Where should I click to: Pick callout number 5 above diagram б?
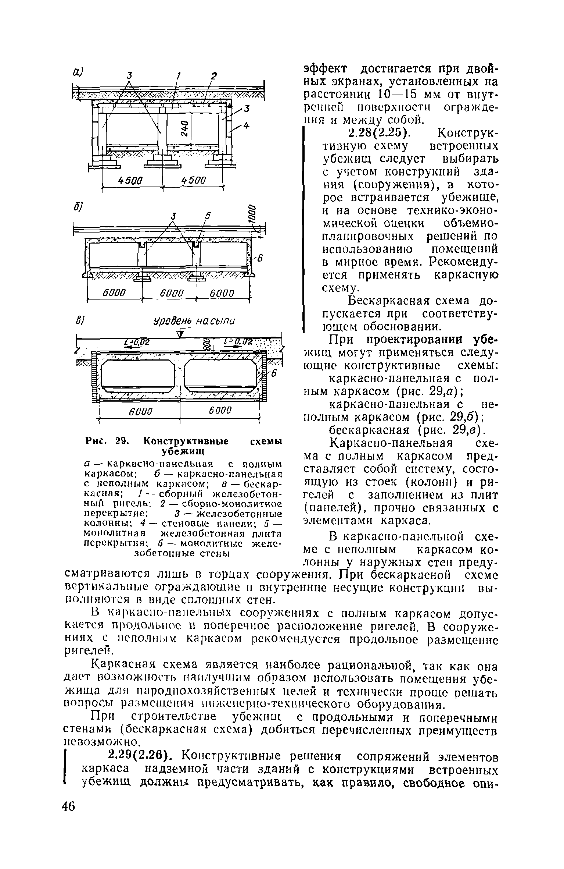(207, 217)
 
